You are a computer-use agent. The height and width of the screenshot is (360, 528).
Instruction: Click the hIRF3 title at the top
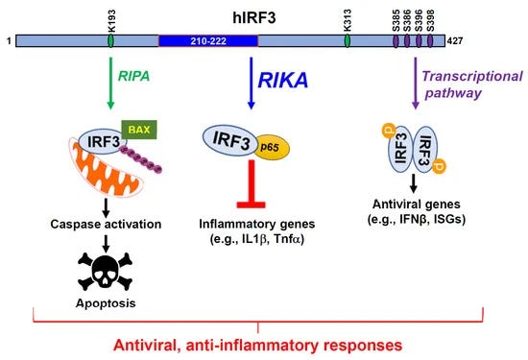click(x=254, y=17)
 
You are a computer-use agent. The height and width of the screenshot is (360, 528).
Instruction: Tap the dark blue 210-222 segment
click(x=208, y=41)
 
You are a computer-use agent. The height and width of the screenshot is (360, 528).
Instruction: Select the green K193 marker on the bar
click(x=110, y=40)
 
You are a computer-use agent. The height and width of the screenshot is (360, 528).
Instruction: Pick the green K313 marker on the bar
click(x=348, y=40)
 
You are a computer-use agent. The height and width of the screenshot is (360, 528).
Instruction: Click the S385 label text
click(x=396, y=21)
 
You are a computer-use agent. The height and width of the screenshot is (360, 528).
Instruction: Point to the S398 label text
click(x=430, y=21)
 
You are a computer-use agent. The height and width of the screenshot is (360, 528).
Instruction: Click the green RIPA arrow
click(x=110, y=84)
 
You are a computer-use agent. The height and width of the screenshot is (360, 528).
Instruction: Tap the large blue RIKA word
click(x=283, y=80)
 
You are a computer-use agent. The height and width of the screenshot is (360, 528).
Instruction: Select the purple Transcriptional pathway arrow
click(x=416, y=84)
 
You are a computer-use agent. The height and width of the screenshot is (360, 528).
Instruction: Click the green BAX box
click(x=139, y=130)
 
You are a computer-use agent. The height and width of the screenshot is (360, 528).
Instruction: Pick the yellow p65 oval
click(x=272, y=148)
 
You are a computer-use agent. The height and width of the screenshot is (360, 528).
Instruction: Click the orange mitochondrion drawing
click(x=106, y=168)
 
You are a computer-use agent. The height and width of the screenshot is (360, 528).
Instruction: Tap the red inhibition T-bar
click(x=252, y=184)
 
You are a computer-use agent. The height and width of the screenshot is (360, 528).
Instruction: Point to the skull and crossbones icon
click(x=105, y=272)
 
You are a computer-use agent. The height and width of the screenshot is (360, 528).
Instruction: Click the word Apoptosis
click(x=106, y=303)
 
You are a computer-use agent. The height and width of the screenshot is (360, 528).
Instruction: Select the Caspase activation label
click(x=106, y=224)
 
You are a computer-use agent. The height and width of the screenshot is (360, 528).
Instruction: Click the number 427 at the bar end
click(x=455, y=41)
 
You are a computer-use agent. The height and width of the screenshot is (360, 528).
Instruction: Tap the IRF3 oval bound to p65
click(x=231, y=140)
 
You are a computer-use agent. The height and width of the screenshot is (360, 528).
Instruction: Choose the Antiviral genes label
click(x=417, y=204)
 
